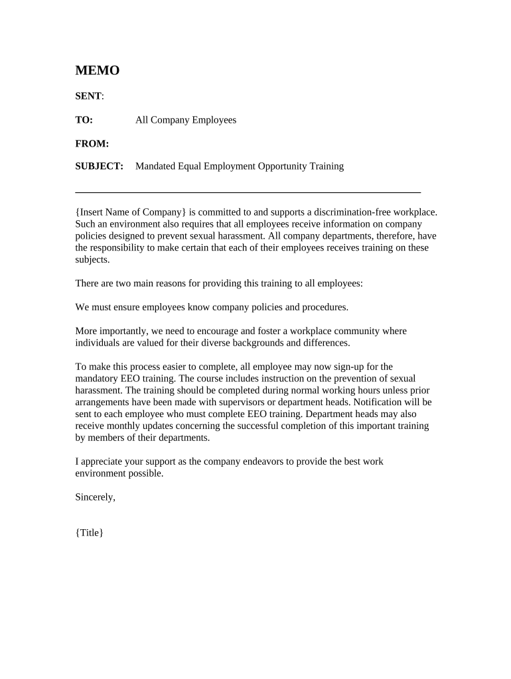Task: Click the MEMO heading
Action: (x=97, y=71)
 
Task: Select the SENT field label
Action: (x=88, y=96)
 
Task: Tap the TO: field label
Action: (x=84, y=120)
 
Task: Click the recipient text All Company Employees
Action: (x=186, y=120)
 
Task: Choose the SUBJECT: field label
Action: (x=100, y=166)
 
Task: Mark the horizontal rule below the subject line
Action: (x=248, y=192)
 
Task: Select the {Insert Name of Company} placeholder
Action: (x=131, y=212)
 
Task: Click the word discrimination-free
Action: (x=350, y=212)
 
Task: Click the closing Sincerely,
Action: (x=96, y=497)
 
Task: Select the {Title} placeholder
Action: (x=90, y=532)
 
